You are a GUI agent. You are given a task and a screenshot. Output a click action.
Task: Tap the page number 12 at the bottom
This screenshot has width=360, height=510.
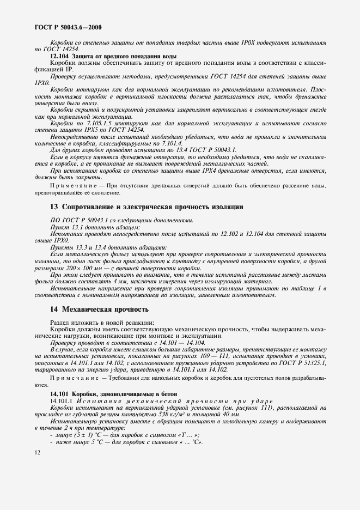(36, 452)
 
